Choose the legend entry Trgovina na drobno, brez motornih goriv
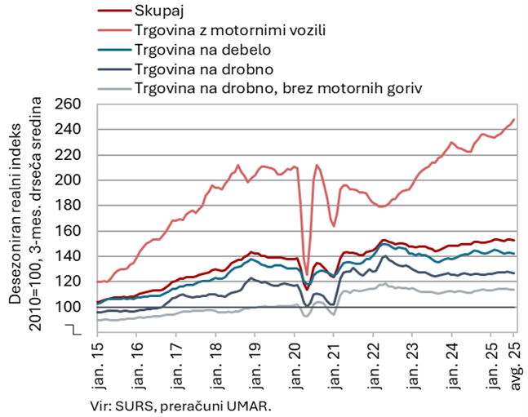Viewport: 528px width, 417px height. point(277,87)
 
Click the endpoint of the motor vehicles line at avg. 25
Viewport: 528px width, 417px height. point(514,120)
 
